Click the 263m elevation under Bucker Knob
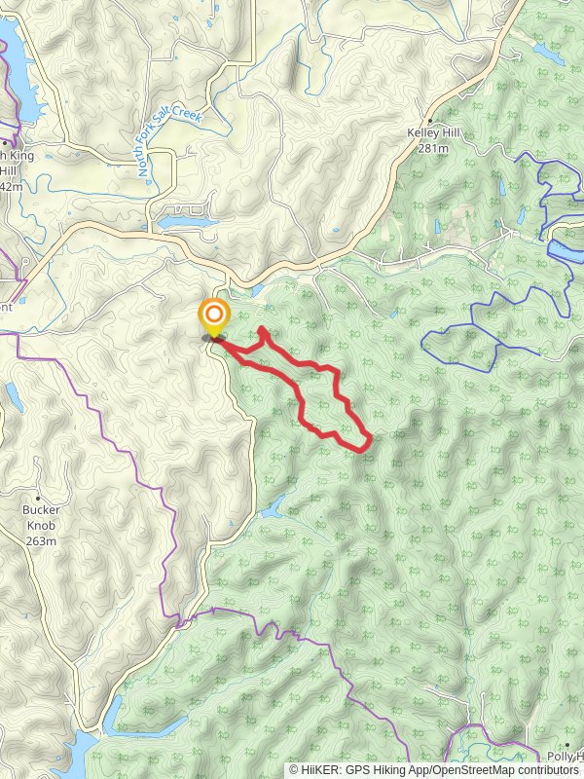(41, 540)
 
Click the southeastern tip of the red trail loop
(369, 444)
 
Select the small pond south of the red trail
(274, 507)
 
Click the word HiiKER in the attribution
(324, 770)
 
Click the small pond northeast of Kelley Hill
(547, 54)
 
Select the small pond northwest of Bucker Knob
(12, 395)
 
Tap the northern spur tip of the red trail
(263, 330)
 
